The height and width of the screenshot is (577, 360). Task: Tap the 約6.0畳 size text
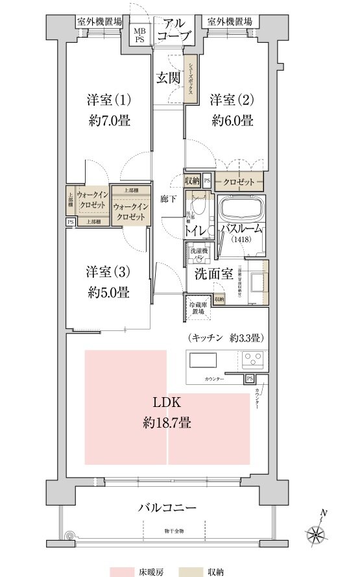pyautogui.click(x=231, y=120)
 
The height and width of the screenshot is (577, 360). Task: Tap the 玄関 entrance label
pyautogui.click(x=168, y=79)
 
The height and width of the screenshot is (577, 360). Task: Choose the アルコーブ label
pyautogui.click(x=174, y=27)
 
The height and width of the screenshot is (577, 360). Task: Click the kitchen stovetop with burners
pyautogui.click(x=253, y=359)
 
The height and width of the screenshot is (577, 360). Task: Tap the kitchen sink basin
pyautogui.click(x=203, y=360)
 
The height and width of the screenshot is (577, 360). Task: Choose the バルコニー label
pyautogui.click(x=167, y=507)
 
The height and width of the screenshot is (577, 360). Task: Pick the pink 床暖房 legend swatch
pyautogui.click(x=124, y=571)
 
